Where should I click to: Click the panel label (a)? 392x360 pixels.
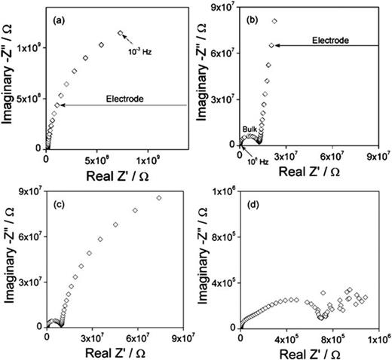point(57,21)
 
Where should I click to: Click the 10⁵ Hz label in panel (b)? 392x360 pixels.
point(257,154)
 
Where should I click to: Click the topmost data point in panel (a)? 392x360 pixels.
point(120,32)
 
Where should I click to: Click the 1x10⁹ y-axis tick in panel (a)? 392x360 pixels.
point(28,47)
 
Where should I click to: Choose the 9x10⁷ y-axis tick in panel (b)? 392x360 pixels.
point(221,8)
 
